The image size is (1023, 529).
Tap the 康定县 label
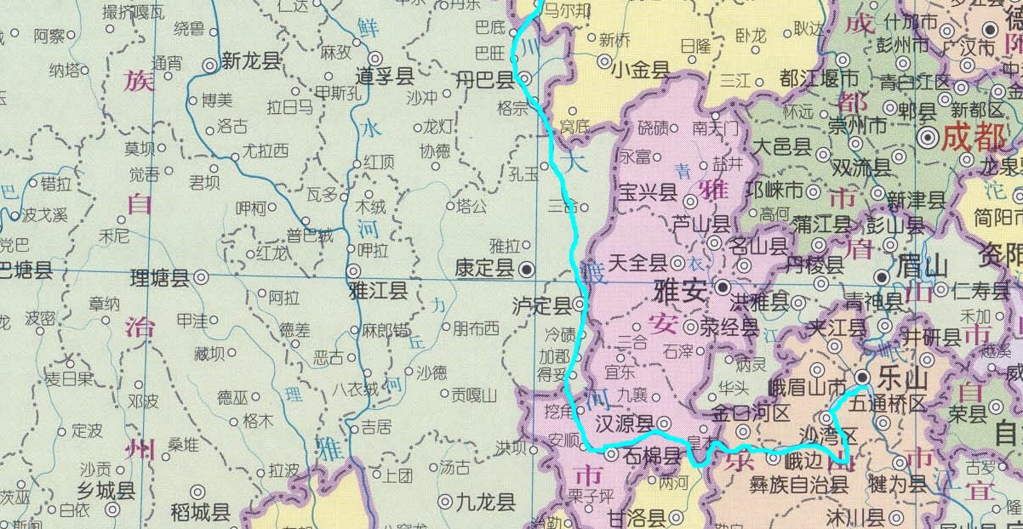pos(484,270)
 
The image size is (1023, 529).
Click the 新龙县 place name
pos(250,61)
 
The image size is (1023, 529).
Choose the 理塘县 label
pos(158,277)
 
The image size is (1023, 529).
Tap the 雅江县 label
pos(379,291)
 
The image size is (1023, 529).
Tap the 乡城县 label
pos(106,491)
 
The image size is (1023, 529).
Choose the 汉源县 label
pos(624,423)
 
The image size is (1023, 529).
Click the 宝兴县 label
pos(647,193)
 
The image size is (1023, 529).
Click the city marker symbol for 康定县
pos(528,269)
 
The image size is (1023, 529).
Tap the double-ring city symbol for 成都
pos(928,135)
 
